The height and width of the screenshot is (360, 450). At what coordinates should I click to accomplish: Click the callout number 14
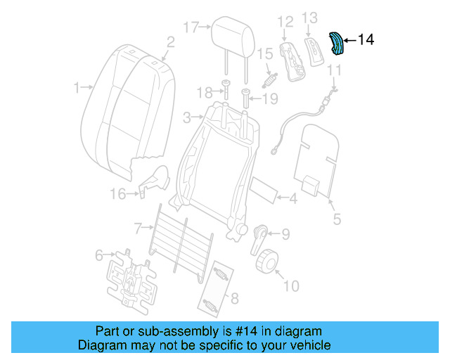pyautogui.click(x=366, y=40)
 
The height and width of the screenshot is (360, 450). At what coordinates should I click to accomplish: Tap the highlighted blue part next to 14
pyautogui.click(x=337, y=43)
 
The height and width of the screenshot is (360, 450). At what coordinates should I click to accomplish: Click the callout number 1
pyautogui.click(x=77, y=89)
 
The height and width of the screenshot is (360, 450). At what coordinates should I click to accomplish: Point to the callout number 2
pyautogui.click(x=169, y=43)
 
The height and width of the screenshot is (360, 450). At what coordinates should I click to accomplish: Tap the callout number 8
pyautogui.click(x=234, y=298)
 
